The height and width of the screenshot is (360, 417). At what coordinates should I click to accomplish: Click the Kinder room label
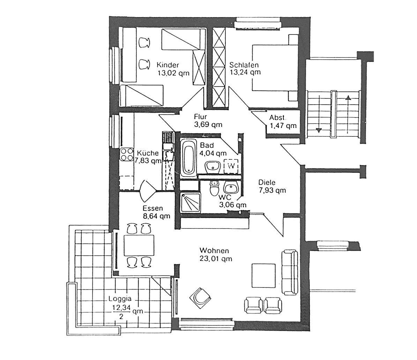click(167, 65)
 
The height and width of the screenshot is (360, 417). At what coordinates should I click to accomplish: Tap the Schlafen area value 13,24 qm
click(245, 73)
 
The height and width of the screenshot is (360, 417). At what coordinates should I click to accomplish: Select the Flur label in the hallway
click(201, 117)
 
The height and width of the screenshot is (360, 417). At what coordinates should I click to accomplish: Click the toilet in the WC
click(214, 189)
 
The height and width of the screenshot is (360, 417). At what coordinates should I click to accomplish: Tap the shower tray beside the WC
click(190, 203)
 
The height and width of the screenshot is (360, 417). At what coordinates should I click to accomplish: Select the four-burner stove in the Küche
click(126, 155)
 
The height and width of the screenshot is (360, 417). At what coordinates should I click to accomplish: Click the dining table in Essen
click(139, 245)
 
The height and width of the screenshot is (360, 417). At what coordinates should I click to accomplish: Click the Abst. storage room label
click(277, 118)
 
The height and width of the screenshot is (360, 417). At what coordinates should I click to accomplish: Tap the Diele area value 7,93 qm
click(272, 190)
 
